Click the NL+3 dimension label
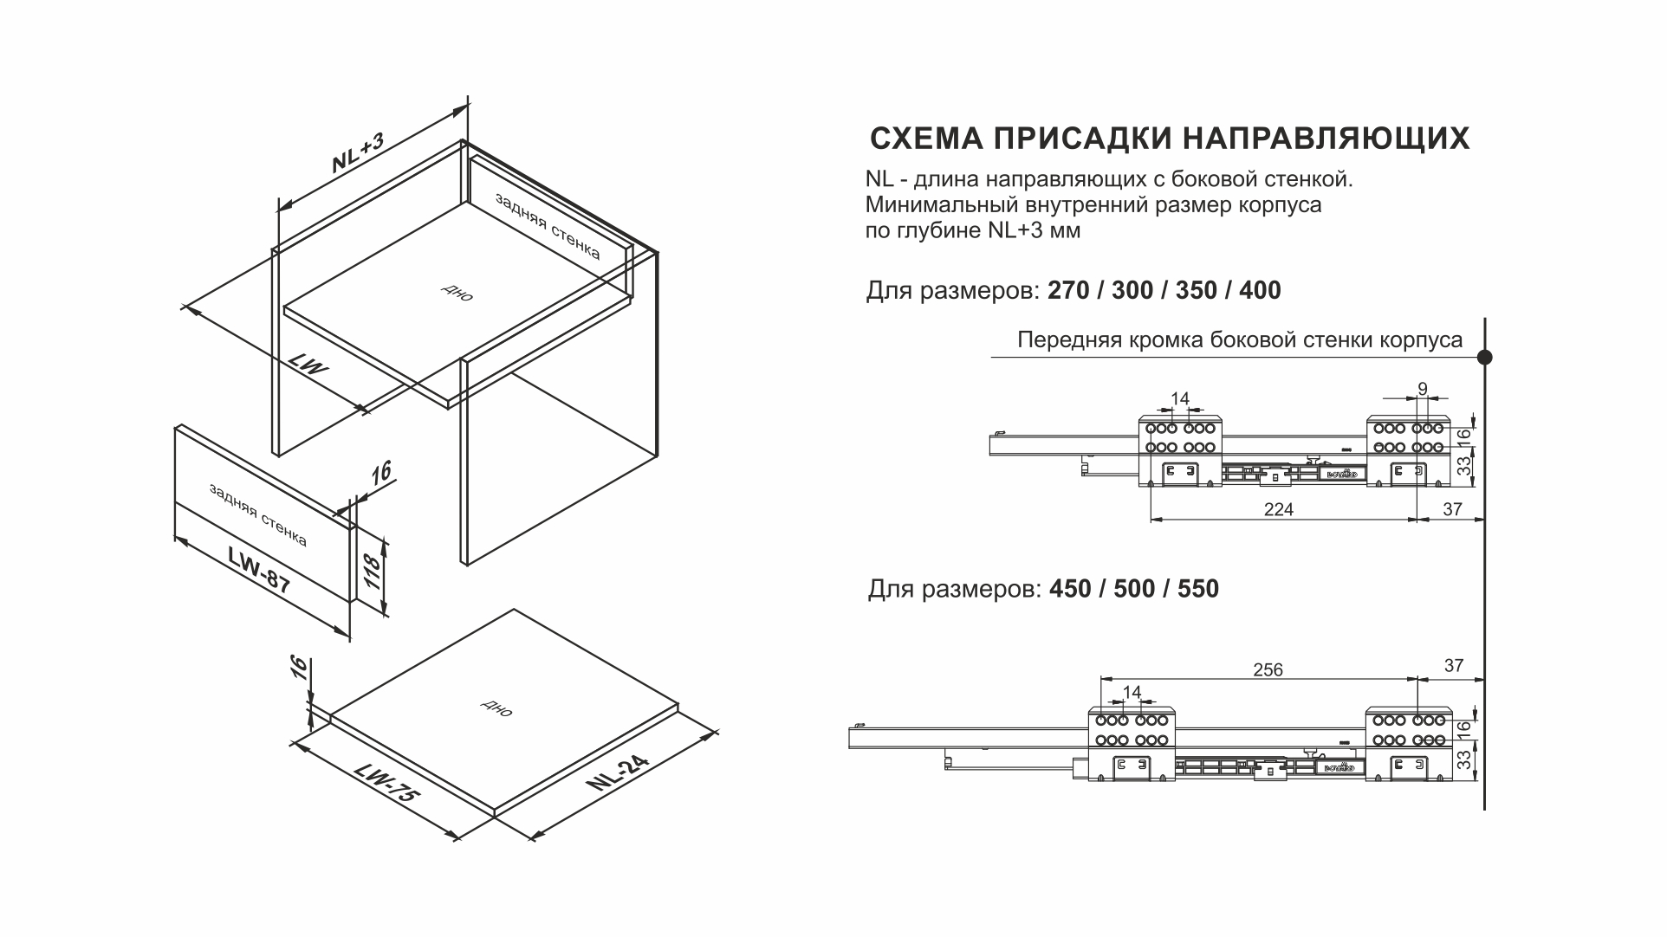pos(357,153)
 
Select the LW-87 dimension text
pos(260,569)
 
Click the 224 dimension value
pos(1278,509)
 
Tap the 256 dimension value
pos(1268,669)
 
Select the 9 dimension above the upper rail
pos(1423,389)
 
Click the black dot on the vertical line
pos(1484,357)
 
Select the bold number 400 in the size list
pos(1260,290)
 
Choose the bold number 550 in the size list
pos(1198,589)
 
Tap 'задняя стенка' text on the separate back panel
pos(257,515)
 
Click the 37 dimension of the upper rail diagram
pos(1452,509)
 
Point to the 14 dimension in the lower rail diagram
pos(1132,691)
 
